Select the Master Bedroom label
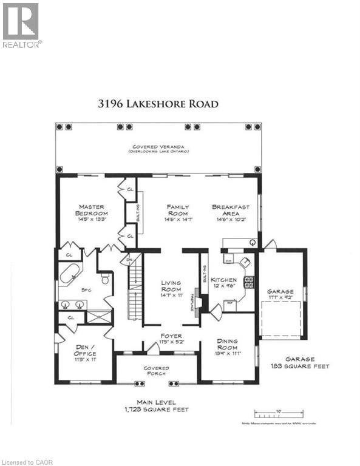(92, 214)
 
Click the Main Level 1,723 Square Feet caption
(157, 406)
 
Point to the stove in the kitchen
(248, 282)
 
